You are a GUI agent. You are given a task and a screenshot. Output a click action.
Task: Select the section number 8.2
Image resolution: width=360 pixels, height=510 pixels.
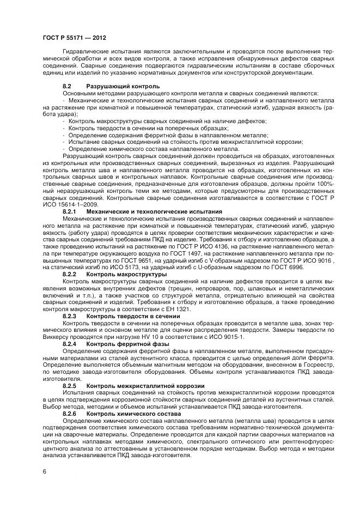pos(68,86)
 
